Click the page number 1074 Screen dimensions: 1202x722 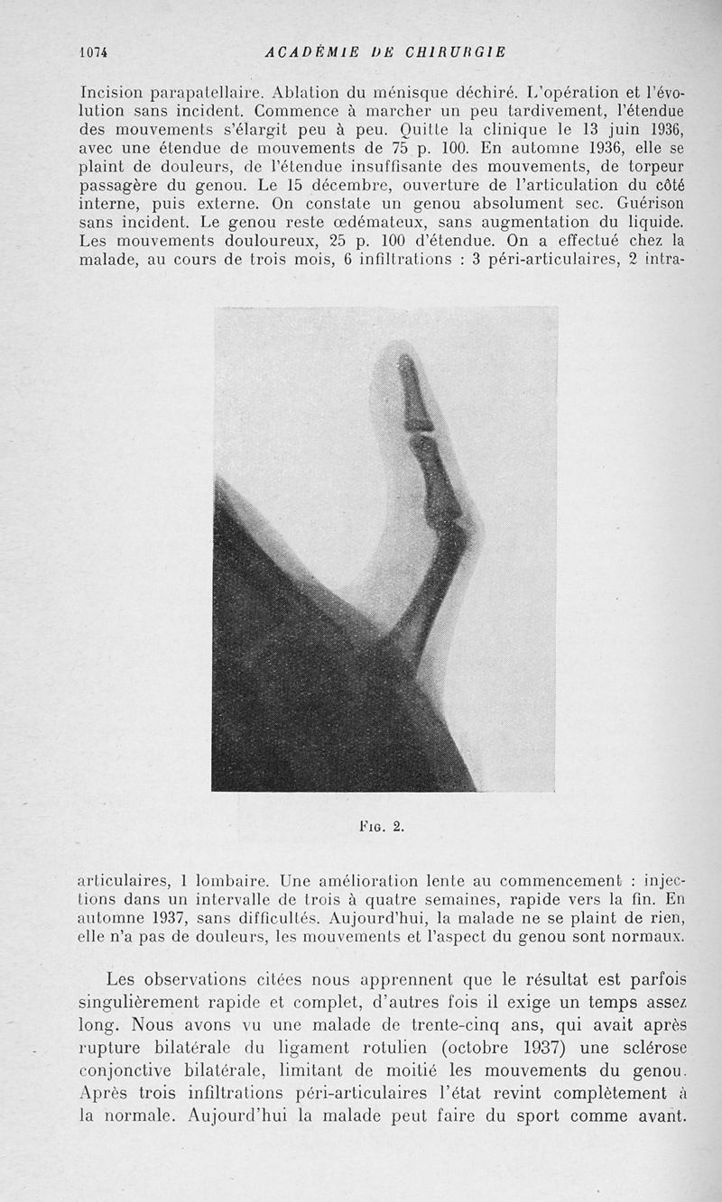click(93, 51)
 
